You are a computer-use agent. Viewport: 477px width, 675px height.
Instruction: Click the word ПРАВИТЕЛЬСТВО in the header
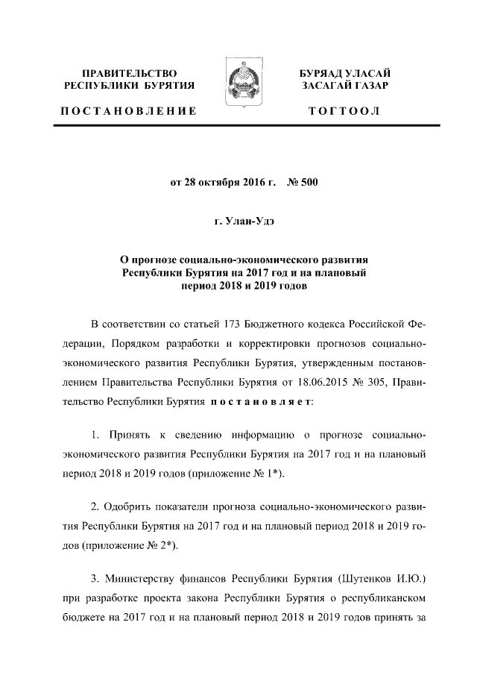130,73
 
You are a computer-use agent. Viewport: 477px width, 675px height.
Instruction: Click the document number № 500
302,182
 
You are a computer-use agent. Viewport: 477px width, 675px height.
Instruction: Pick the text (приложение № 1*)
238,474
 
